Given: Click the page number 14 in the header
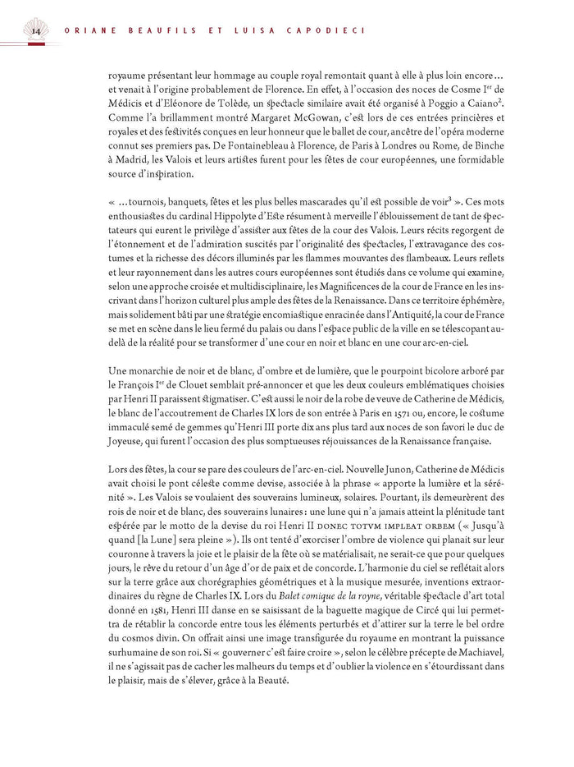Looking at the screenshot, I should pos(35,32).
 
